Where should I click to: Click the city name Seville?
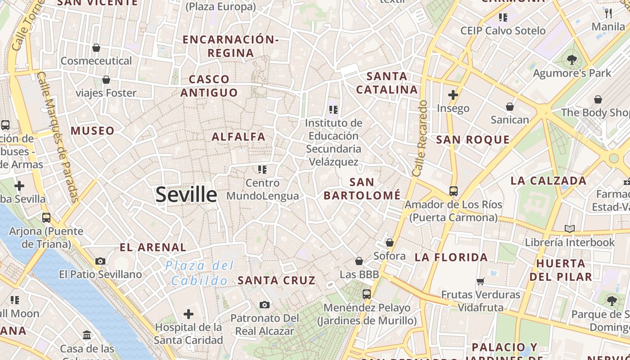[186, 194]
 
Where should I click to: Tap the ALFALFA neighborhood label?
[238, 137]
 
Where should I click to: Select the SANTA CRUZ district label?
[276, 280]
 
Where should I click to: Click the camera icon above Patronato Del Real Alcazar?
[265, 305]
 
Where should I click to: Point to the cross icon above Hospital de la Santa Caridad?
[189, 314]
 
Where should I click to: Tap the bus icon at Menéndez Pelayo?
[367, 294]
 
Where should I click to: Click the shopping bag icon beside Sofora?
[390, 243]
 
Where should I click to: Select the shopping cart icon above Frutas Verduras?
[480, 282]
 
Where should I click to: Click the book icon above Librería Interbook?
[570, 229]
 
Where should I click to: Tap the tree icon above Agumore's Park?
[572, 59]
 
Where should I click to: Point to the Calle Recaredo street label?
[419, 138]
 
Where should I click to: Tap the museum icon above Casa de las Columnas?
[87, 335]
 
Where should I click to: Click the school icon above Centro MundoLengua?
[262, 170]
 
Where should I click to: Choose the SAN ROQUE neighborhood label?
[473, 139]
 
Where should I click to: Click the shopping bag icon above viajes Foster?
[106, 80]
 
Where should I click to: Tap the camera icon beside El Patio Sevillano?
[100, 261]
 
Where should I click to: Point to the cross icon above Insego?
[453, 95]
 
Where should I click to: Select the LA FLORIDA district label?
[451, 257]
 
